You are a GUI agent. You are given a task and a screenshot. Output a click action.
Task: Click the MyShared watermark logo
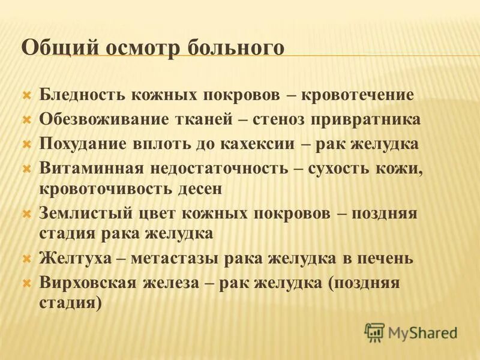(411, 332)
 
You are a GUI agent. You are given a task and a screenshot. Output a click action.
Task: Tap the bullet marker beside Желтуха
(26, 259)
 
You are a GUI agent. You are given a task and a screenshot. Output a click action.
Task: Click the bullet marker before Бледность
(26, 95)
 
